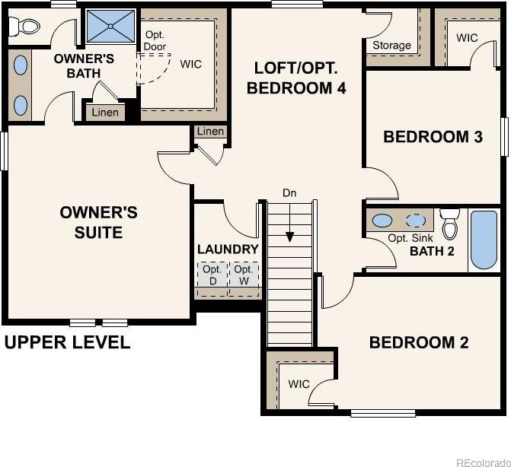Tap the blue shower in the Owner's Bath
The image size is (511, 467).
(x=110, y=26)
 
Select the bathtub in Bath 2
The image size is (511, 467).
(x=484, y=240)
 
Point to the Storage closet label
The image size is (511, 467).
(x=391, y=45)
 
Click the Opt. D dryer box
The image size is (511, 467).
(x=212, y=275)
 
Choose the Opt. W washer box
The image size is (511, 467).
(x=244, y=275)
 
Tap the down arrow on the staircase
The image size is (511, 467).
(x=289, y=223)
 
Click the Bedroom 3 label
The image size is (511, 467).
(x=433, y=137)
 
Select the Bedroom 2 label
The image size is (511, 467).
(x=419, y=342)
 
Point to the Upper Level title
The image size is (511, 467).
(x=68, y=342)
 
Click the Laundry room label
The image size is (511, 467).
(x=228, y=249)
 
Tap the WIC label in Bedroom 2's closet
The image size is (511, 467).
(x=299, y=384)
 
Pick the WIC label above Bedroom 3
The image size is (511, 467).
(x=467, y=38)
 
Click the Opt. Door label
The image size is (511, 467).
(x=155, y=40)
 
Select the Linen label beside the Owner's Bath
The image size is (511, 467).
(x=105, y=113)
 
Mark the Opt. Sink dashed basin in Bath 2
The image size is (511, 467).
(x=416, y=221)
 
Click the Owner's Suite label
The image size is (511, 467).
(x=98, y=222)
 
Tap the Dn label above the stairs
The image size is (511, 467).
(x=289, y=193)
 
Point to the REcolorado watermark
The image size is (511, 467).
(x=484, y=462)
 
